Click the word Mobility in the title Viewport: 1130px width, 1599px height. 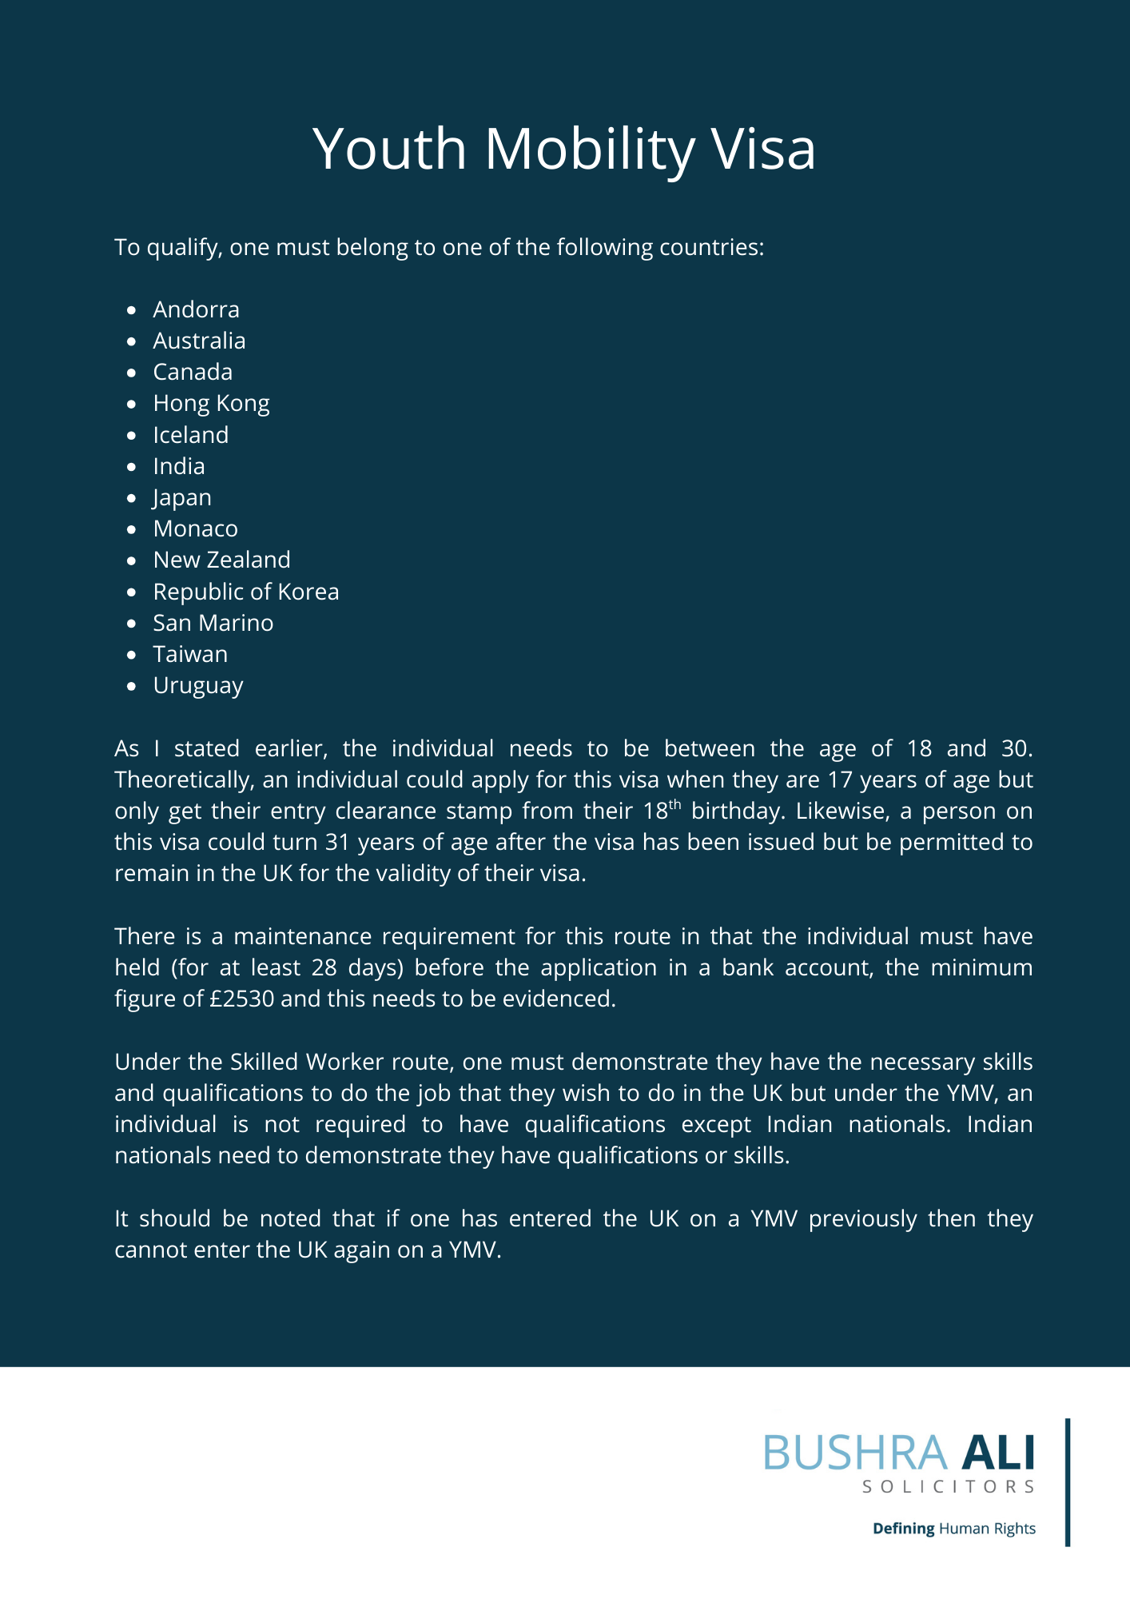[590, 149]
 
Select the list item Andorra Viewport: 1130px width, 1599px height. [196, 309]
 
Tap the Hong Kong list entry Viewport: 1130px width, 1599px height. [211, 404]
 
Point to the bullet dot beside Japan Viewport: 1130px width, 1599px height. [132, 497]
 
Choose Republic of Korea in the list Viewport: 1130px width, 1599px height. [246, 592]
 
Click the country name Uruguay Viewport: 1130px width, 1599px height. [198, 686]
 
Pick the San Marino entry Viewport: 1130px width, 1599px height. [213, 623]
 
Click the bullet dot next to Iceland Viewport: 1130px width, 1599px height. [132, 435]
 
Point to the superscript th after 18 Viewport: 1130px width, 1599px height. [674, 804]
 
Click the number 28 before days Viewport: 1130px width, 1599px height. [324, 967]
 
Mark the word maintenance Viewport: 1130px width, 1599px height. [302, 936]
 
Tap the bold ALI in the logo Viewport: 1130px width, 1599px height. [997, 1453]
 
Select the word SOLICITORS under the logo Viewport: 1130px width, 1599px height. [949, 1487]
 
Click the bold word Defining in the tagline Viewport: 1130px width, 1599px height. [903, 1529]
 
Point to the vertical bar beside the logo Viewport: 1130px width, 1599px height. [1068, 1482]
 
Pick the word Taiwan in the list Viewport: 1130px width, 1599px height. [190, 654]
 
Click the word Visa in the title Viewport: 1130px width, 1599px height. [763, 149]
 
